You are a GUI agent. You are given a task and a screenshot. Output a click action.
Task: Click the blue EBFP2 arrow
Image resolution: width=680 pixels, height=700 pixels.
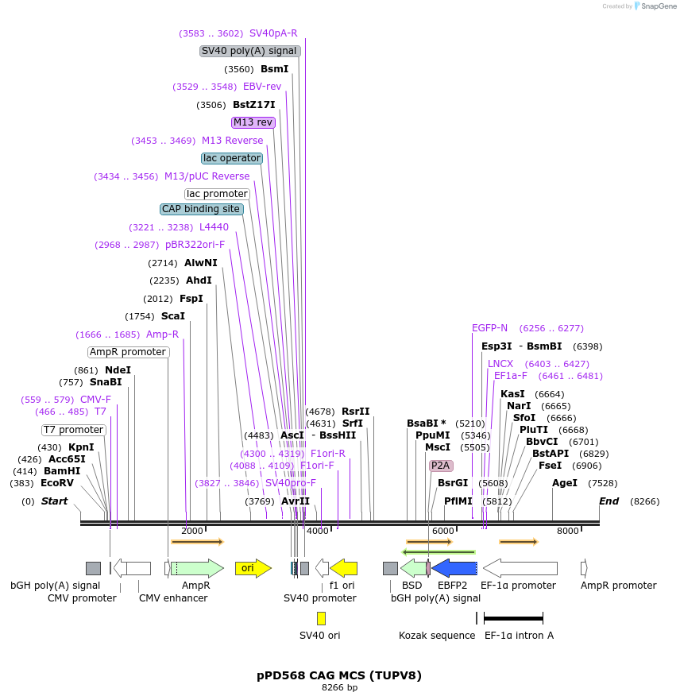(x=454, y=568)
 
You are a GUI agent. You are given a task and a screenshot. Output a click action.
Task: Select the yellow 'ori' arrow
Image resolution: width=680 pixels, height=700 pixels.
(x=253, y=568)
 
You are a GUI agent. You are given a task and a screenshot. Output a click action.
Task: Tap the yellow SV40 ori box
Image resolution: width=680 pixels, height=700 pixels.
(x=321, y=618)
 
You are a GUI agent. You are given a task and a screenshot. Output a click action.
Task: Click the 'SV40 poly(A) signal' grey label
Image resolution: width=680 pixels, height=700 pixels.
(x=250, y=51)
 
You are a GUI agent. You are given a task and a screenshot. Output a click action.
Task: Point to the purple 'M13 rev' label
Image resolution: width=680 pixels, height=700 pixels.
(x=253, y=122)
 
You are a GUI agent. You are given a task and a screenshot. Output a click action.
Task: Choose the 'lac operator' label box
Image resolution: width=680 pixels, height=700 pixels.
(x=232, y=158)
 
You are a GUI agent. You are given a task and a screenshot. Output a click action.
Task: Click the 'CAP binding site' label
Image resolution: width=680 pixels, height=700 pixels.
(x=201, y=209)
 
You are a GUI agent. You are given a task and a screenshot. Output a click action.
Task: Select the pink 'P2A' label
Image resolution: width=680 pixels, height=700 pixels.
(x=441, y=466)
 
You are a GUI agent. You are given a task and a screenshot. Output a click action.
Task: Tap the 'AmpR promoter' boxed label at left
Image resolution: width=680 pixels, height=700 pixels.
(x=129, y=352)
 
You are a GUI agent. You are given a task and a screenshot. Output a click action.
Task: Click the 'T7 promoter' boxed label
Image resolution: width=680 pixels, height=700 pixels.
(x=74, y=430)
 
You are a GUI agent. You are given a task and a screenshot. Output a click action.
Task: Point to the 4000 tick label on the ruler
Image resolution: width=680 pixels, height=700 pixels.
(x=317, y=531)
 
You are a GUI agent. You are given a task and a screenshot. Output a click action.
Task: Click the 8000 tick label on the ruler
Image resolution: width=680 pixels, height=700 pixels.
(x=567, y=531)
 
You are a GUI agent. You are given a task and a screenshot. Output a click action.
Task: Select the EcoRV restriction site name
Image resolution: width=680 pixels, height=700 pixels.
(x=57, y=483)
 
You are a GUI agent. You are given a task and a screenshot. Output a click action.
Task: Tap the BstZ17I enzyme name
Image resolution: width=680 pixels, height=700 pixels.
(x=254, y=104)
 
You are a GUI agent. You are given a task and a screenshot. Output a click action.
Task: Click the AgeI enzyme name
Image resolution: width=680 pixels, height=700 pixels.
(x=565, y=483)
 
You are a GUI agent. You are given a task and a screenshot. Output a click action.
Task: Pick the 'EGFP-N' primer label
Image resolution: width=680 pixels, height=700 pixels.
(x=489, y=328)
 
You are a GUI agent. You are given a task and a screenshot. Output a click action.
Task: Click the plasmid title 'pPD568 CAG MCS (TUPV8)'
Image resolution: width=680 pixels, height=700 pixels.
(x=339, y=675)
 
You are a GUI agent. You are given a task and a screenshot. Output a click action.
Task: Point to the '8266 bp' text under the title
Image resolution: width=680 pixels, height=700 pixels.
(x=339, y=687)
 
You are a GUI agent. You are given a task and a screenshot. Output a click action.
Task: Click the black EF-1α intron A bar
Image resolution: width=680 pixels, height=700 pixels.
(x=513, y=618)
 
